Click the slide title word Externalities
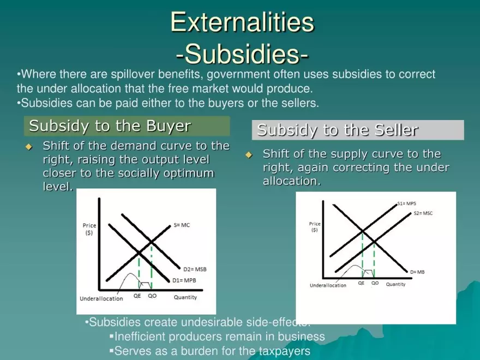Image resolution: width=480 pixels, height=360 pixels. [x=242, y=22]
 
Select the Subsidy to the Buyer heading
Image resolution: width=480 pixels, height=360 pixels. [x=110, y=126]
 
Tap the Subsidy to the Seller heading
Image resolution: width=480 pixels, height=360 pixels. [x=338, y=130]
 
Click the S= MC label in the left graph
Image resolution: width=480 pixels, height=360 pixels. [x=182, y=225]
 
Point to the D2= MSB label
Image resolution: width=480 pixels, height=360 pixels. [x=195, y=269]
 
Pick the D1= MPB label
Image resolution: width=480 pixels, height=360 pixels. [x=184, y=280]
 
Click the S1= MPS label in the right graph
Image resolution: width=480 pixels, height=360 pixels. [x=406, y=203]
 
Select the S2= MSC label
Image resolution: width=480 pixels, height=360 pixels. [x=423, y=213]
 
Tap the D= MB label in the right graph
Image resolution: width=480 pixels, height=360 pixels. [x=417, y=272]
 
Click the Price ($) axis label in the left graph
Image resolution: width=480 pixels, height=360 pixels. [x=89, y=229]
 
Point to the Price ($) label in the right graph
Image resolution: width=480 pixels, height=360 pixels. [x=315, y=227]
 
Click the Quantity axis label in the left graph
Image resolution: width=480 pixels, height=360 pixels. [x=185, y=297]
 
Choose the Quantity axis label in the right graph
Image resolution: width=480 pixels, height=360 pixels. [x=395, y=284]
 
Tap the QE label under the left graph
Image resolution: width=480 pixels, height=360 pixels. [x=137, y=296]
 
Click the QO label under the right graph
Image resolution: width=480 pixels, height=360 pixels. [x=375, y=283]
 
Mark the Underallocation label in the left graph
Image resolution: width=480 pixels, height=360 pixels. [x=101, y=299]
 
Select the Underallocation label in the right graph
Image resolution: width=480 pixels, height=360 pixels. [x=328, y=285]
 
